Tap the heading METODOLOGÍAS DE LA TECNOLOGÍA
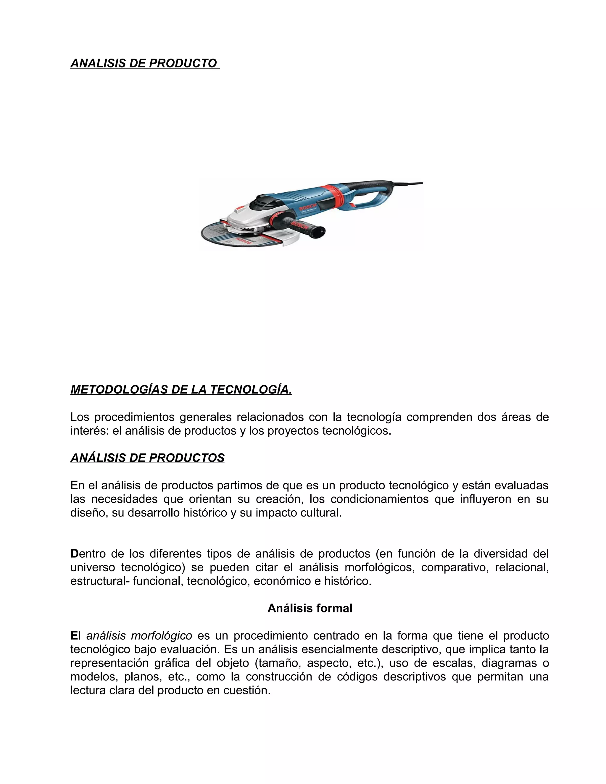(181, 390)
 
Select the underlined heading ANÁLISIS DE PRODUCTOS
(147, 458)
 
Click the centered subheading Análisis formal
(310, 608)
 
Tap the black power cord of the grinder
(409, 184)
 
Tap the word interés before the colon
(89, 431)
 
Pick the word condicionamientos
(379, 499)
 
